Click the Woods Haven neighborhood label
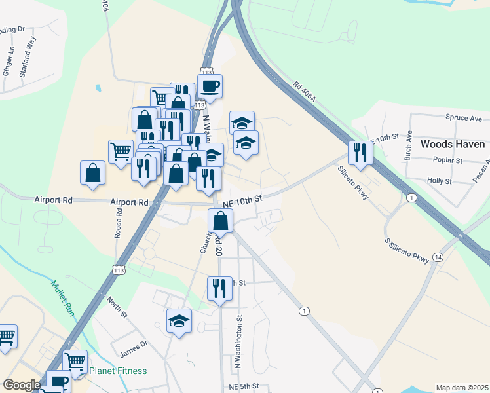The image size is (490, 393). pyautogui.click(x=452, y=144)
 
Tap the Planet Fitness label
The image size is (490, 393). pyautogui.click(x=118, y=371)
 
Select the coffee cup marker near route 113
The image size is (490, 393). pyautogui.click(x=210, y=86)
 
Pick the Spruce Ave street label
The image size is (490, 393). pyautogui.click(x=464, y=119)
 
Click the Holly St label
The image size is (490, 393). pyautogui.click(x=440, y=180)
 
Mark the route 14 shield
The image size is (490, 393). pyautogui.click(x=437, y=257)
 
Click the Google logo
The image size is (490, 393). pyautogui.click(x=22, y=385)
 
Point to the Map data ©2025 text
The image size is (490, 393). pyautogui.click(x=462, y=388)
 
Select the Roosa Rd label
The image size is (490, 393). pyautogui.click(x=119, y=221)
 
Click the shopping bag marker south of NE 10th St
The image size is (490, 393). pyautogui.click(x=221, y=221)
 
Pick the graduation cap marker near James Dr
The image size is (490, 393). pyautogui.click(x=179, y=321)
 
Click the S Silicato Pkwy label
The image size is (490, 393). pyautogui.click(x=407, y=252)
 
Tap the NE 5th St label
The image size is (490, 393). pyautogui.click(x=246, y=388)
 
